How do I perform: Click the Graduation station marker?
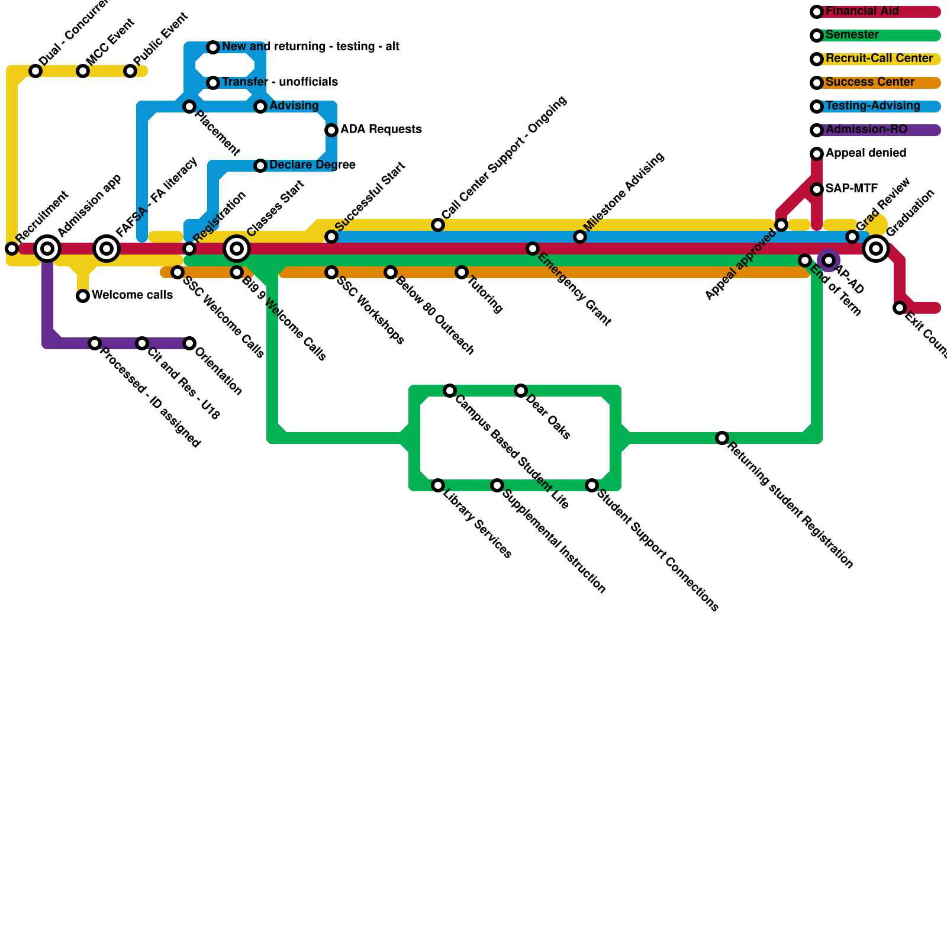click(x=876, y=249)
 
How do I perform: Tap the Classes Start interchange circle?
click(x=237, y=249)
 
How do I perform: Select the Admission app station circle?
click(x=47, y=249)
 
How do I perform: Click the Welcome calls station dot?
click(x=83, y=296)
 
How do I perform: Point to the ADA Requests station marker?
click(x=331, y=130)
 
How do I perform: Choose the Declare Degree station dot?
click(x=260, y=166)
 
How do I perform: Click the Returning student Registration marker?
click(x=722, y=438)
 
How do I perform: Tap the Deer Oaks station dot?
click(x=521, y=391)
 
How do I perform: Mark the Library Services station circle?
click(x=438, y=485)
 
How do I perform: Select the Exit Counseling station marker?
click(x=900, y=308)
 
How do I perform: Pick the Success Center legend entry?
click(x=869, y=82)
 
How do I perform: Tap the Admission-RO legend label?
click(x=866, y=130)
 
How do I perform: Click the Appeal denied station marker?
click(x=817, y=154)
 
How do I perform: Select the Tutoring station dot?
click(x=462, y=272)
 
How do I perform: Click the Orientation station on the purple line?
click(x=189, y=343)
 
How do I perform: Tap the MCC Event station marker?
click(x=83, y=71)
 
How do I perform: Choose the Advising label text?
click(x=294, y=106)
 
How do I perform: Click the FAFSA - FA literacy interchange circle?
click(x=107, y=249)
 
